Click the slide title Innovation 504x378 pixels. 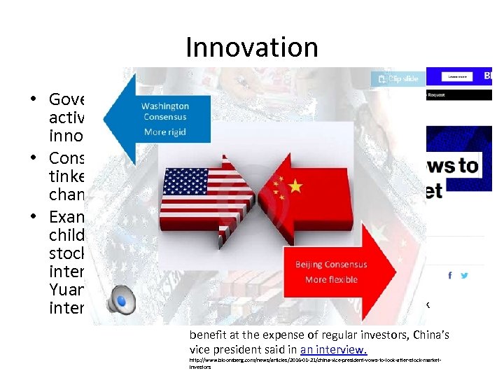(x=252, y=48)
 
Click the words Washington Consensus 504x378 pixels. (x=165, y=111)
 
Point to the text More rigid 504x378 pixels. (x=165, y=132)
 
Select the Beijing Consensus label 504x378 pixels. (x=331, y=265)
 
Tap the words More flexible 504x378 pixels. (x=331, y=280)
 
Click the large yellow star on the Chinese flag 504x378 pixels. (x=296, y=186)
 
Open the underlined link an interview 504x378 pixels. (x=333, y=350)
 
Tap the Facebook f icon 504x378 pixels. (x=449, y=276)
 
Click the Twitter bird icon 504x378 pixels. (x=465, y=276)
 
